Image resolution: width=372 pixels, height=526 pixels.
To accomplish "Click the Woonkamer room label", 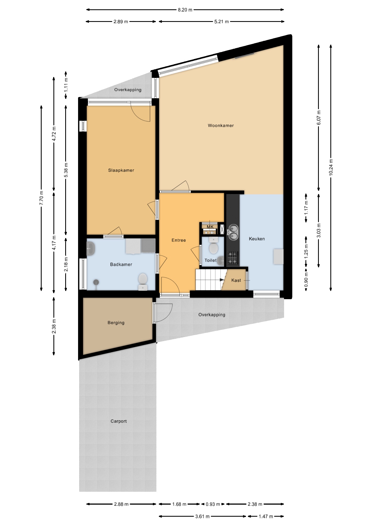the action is point(221,126).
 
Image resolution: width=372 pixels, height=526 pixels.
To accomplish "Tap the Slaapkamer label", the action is point(121,170).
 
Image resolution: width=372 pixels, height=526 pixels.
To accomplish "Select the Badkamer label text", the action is point(121,264).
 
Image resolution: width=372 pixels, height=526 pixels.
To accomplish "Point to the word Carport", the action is point(119,421).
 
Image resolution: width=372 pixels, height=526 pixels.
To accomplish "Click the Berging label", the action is point(116,323).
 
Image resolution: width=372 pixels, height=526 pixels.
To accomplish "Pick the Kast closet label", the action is point(236,280).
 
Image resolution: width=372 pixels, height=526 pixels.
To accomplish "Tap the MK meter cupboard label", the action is point(210,227).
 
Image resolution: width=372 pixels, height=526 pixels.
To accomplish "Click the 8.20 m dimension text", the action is point(185,10).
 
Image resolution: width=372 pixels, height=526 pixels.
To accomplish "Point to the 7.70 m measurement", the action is point(41,198).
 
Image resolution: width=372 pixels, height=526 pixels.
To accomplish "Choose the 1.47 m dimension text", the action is point(266,517).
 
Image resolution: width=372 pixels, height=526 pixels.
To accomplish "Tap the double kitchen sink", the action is point(233,232).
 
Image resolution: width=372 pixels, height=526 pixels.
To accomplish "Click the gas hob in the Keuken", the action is point(233,258).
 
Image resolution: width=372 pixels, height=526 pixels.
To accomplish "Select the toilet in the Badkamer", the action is point(143,281).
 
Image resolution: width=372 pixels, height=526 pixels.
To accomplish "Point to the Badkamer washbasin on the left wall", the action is point(91,249).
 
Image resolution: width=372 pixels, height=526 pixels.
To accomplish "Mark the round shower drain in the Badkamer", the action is point(96,282).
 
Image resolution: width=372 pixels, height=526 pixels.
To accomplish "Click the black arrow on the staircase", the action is point(221,280).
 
